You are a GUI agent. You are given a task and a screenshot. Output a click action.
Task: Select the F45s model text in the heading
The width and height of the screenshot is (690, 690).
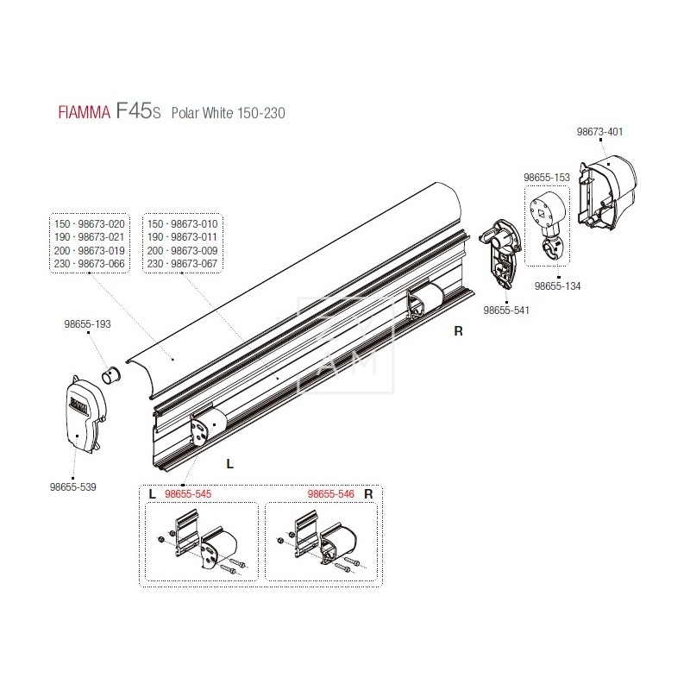click(136, 113)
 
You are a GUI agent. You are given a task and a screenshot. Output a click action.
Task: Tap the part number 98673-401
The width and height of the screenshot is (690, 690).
click(599, 132)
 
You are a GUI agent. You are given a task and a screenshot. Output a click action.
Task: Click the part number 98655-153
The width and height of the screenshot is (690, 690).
click(547, 177)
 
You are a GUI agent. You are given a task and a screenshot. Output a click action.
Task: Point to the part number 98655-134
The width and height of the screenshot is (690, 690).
click(557, 285)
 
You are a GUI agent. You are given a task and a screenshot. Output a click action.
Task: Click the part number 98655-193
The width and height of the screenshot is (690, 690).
click(86, 329)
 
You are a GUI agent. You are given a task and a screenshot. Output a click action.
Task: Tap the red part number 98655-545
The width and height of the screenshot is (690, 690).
click(187, 494)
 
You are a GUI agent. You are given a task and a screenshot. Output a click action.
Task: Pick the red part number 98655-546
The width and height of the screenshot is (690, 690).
click(331, 494)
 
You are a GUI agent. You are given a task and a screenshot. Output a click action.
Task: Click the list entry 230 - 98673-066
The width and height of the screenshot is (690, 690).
click(90, 263)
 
